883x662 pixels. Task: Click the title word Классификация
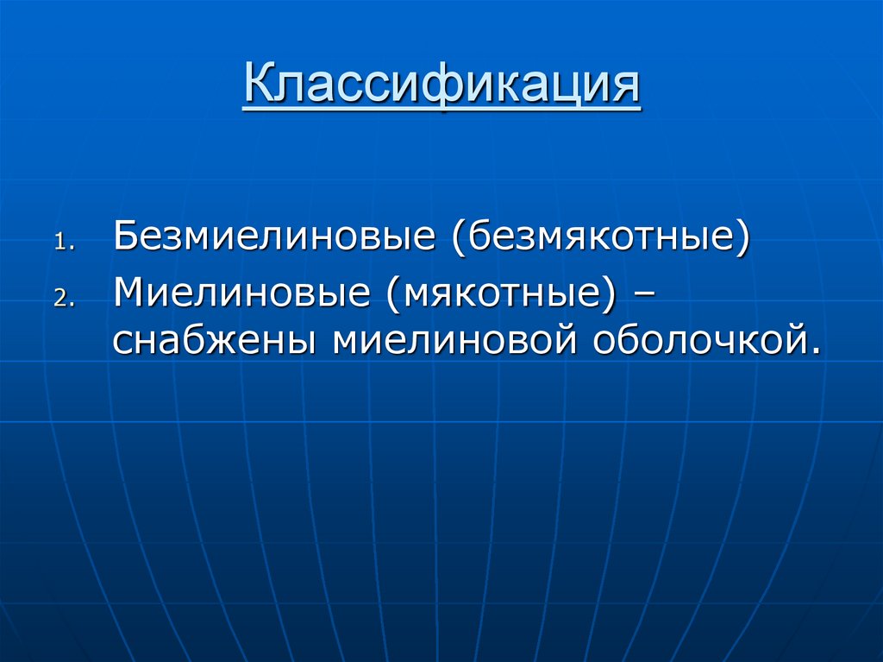441,86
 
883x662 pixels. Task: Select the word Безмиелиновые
272,236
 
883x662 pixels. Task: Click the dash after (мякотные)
642,293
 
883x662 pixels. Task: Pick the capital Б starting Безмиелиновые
124,236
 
